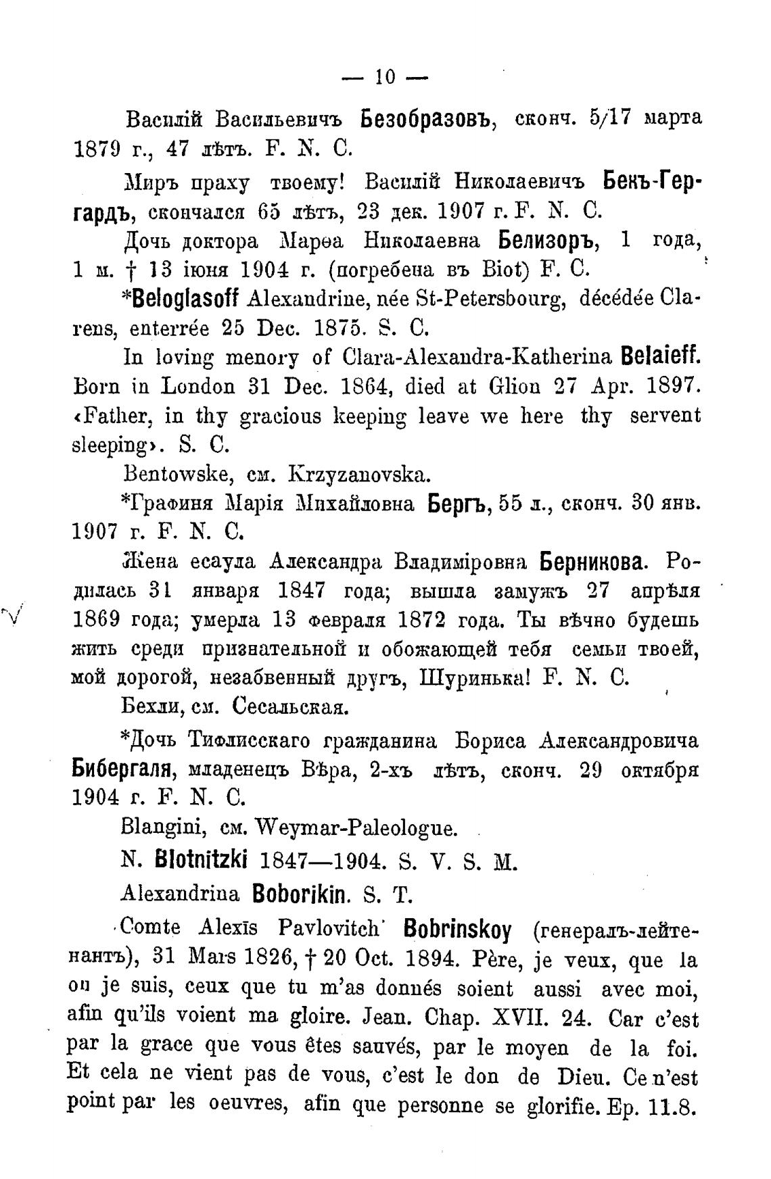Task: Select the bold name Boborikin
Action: [300, 894]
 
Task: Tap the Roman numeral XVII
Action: [536, 1017]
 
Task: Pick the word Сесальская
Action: [290, 708]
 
